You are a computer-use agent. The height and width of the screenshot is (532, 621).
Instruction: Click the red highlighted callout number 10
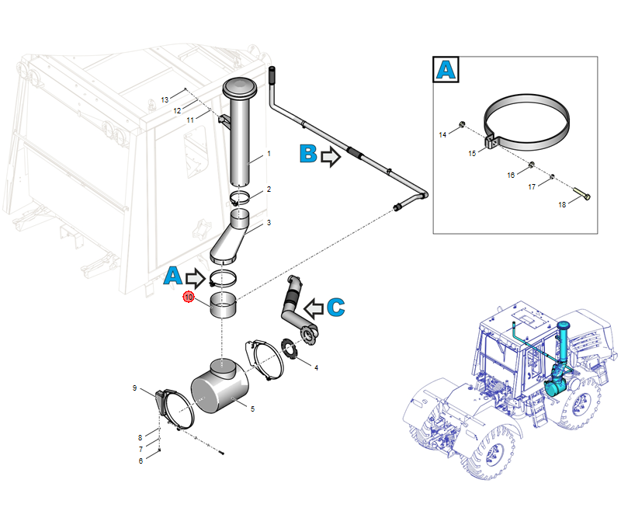[187, 297]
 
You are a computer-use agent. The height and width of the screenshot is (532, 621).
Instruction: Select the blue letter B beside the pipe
[308, 155]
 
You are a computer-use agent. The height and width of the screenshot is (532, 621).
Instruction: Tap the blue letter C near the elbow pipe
[335, 307]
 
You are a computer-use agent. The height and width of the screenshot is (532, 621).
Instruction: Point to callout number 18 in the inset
[563, 204]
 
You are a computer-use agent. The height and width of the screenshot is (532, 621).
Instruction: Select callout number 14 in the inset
[443, 135]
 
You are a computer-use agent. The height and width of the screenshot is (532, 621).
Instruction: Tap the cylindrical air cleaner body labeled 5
[220, 386]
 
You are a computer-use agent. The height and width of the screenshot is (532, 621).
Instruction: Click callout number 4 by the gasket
[316, 367]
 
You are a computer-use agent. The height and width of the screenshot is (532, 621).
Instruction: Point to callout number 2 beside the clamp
[269, 189]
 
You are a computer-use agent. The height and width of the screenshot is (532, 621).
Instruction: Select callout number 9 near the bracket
[134, 388]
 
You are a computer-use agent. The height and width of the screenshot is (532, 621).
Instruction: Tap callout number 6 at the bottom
[141, 461]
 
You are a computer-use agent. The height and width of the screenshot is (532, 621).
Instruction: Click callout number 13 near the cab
[165, 100]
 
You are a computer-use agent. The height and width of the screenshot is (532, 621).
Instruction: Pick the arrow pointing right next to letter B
[331, 158]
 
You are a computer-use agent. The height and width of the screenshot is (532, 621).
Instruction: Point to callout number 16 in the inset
[511, 176]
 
